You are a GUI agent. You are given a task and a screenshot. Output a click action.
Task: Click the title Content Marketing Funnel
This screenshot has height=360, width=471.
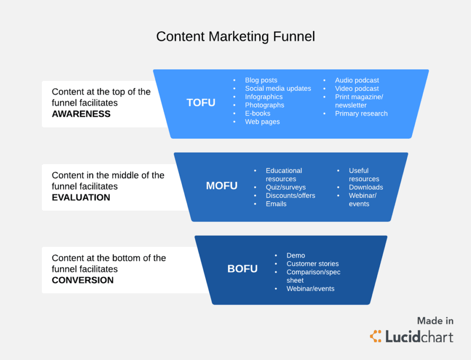(235, 36)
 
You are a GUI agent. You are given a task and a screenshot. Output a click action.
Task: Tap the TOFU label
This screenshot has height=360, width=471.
(201, 103)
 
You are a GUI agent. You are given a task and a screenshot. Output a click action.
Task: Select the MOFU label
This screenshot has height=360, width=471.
(222, 186)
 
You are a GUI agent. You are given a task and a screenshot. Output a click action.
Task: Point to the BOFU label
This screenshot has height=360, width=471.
(242, 269)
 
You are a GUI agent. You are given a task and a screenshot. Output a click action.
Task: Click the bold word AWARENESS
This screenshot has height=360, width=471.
(81, 114)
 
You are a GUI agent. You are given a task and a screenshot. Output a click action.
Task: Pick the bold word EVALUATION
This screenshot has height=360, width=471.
(81, 197)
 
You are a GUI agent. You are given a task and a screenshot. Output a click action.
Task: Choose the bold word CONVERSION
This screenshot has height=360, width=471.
(83, 280)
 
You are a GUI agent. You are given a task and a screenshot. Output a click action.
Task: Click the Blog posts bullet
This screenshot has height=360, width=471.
(261, 80)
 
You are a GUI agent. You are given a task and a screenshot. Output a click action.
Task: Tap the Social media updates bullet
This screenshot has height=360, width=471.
(278, 89)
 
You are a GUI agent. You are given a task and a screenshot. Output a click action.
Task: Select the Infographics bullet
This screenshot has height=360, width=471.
(264, 97)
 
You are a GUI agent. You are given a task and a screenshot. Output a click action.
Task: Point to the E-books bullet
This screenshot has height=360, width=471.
(258, 114)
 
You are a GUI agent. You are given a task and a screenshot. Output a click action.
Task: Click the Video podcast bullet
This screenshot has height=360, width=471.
(357, 89)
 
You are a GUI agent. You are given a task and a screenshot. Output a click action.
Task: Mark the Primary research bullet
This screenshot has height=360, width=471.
(361, 114)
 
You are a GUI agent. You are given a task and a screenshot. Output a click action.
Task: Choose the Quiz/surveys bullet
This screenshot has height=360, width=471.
(286, 187)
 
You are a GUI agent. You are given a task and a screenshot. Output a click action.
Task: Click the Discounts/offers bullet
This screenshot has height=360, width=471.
(290, 195)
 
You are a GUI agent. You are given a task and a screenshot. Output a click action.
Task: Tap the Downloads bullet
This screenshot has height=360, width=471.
(366, 187)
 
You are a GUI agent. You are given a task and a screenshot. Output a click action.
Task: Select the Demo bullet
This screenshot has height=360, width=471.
(296, 256)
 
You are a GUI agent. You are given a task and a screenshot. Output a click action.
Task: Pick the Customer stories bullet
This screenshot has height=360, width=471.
(312, 264)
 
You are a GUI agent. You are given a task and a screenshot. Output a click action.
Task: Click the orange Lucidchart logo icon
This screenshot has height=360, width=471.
(376, 336)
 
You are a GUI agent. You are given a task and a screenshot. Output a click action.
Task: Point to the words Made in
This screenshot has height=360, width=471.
(435, 321)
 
